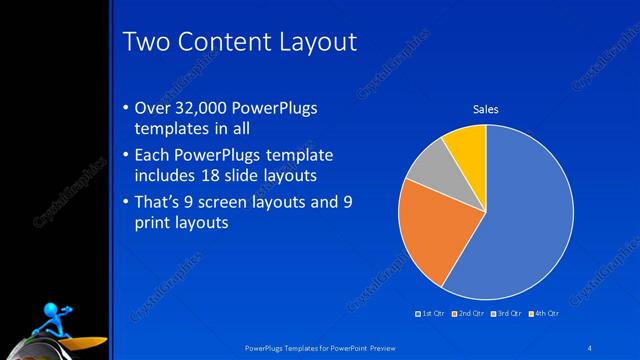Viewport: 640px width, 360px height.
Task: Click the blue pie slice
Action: (525, 220)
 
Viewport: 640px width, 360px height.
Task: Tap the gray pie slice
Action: (431, 170)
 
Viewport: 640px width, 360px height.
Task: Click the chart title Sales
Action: (485, 109)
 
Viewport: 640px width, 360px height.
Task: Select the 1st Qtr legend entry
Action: (432, 314)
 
